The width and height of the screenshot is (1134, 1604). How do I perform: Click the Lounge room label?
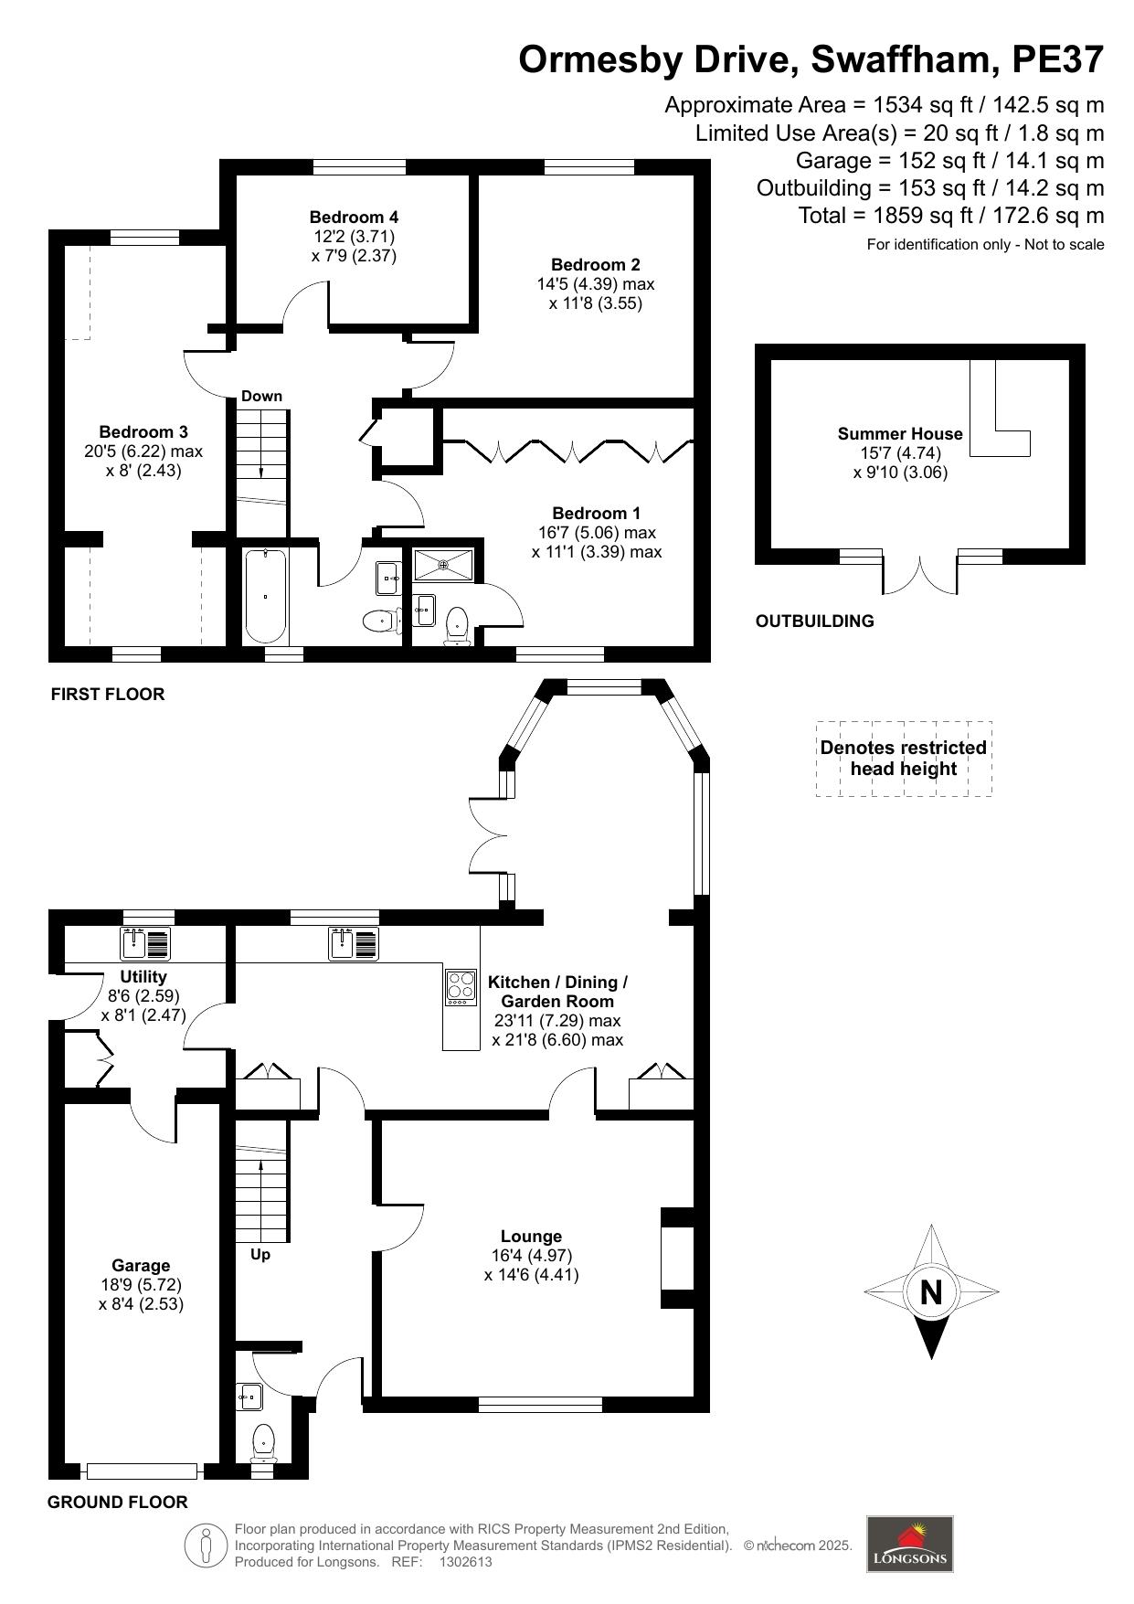[531, 1237]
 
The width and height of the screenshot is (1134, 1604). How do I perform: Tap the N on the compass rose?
[931, 1292]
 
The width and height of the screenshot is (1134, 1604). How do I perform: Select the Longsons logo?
[909, 1544]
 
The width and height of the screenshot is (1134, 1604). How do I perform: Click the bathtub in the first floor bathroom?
[265, 597]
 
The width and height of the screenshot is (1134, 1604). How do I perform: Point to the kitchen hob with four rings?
[461, 987]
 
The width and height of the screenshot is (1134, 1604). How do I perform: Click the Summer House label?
[900, 433]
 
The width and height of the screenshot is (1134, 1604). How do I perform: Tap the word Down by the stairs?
[261, 396]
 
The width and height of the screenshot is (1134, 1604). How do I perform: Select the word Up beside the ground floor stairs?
[260, 1254]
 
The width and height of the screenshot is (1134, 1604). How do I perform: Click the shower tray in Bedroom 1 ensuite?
[444, 564]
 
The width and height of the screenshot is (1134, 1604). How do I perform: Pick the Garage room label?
[141, 1265]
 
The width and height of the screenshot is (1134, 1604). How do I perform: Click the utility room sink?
[145, 943]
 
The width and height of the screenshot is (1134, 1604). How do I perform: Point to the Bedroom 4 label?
[354, 217]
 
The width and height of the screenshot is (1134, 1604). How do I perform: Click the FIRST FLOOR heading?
[108, 694]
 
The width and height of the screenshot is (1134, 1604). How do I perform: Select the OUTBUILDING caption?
[815, 621]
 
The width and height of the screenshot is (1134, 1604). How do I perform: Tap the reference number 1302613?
[466, 1562]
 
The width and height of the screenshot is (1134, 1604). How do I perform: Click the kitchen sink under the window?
[354, 943]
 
